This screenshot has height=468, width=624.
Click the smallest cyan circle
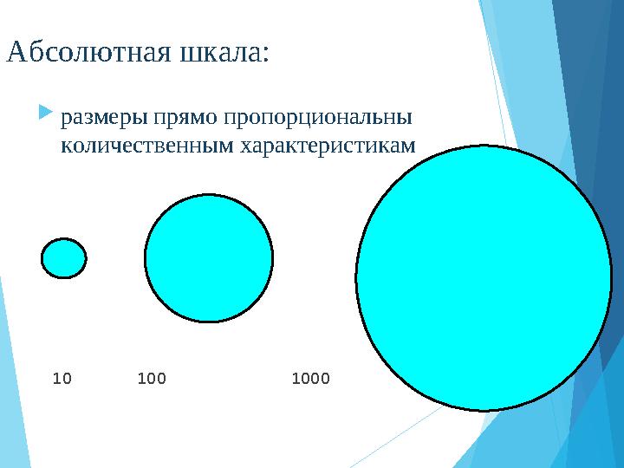click(63, 257)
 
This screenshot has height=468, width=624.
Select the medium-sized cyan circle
click(208, 258)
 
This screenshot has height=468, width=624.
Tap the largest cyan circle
click(484, 278)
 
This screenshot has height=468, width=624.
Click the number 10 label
click(62, 379)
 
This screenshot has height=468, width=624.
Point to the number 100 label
click(152, 379)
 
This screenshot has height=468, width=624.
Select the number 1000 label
click(311, 379)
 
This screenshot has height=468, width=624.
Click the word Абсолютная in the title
click(88, 53)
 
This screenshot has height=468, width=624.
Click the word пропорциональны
click(315, 116)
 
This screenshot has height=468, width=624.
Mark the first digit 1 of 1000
click(296, 379)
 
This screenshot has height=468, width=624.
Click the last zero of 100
click(161, 379)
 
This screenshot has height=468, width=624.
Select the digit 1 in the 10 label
click(57, 379)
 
